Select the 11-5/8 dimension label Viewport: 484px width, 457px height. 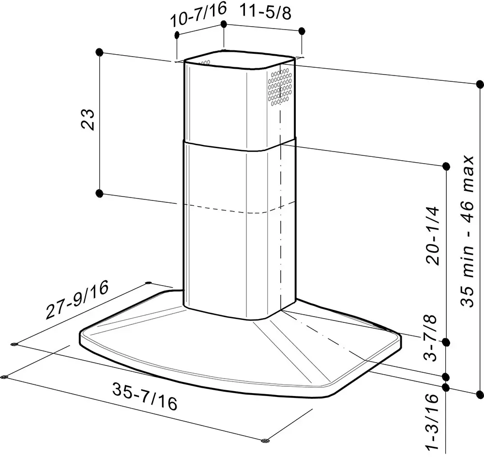(x=265, y=13)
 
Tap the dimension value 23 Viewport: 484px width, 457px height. (x=88, y=120)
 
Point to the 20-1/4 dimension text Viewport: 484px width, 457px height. (x=432, y=235)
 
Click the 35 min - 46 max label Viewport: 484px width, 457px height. (x=467, y=231)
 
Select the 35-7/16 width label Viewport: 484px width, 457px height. (x=145, y=396)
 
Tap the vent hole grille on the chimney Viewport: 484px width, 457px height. (x=280, y=87)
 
